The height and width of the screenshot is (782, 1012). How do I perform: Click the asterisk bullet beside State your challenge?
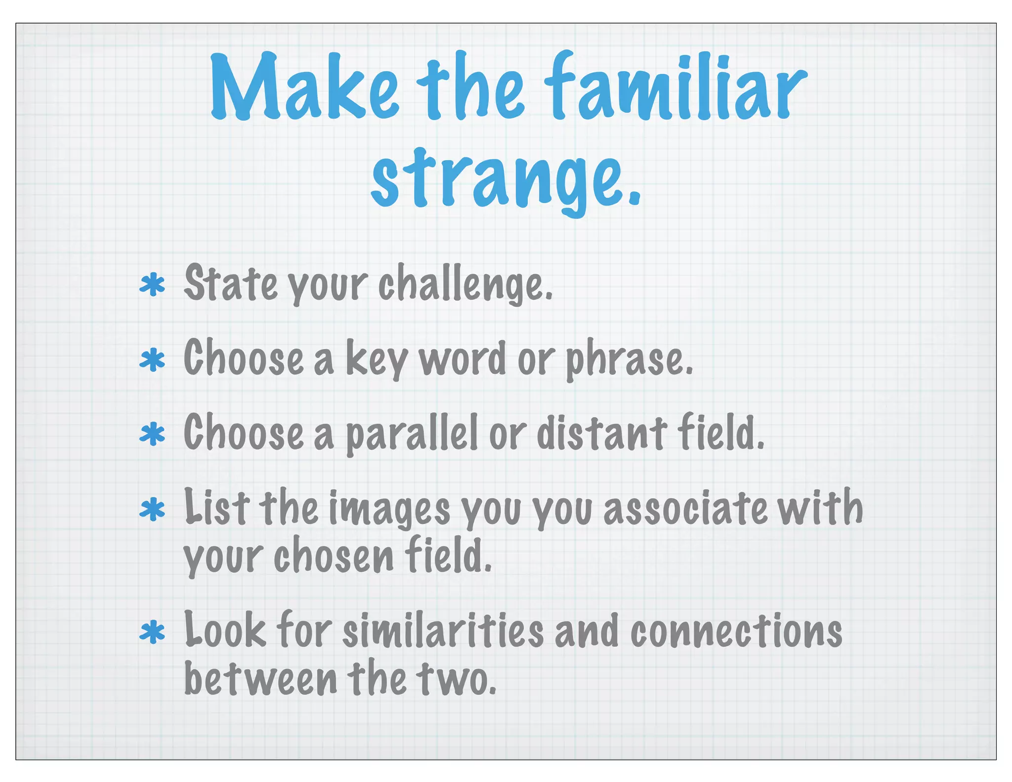tap(152, 285)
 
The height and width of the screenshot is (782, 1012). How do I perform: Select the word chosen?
tap(334, 556)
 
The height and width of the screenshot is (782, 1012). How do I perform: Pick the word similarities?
tap(443, 630)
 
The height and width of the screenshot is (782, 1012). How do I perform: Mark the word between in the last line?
tap(260, 678)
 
